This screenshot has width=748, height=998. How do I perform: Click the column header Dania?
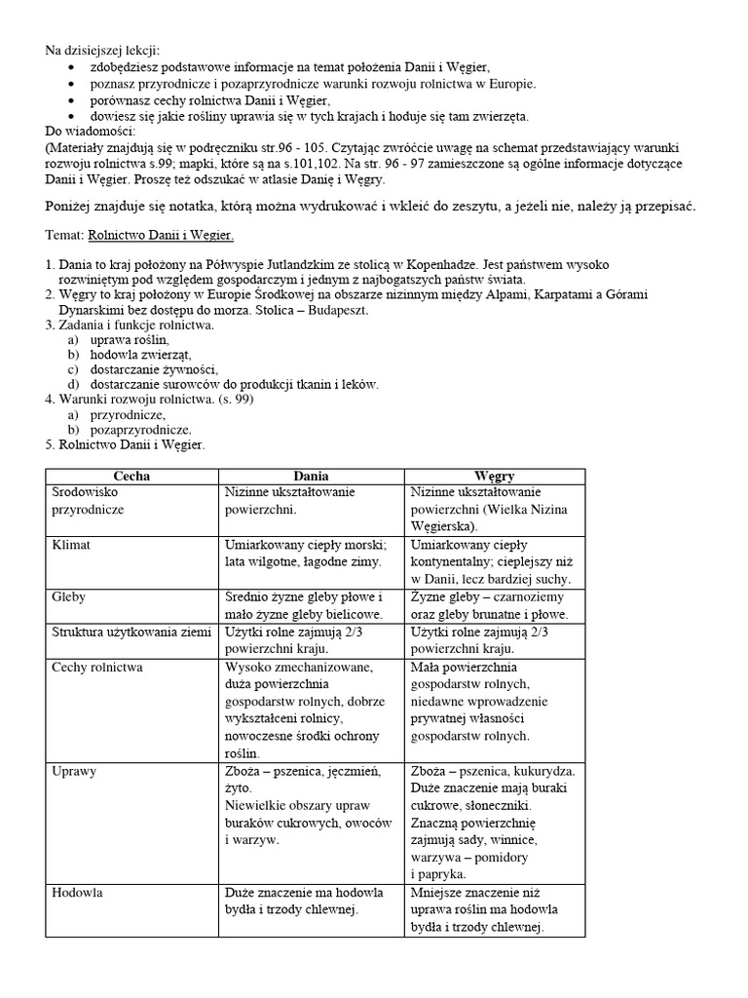point(312,476)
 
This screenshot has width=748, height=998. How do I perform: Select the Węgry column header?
point(495,476)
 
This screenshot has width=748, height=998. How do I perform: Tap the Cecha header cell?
point(131,476)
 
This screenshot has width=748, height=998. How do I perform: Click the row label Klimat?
point(71,545)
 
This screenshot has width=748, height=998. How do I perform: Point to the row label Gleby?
point(69,596)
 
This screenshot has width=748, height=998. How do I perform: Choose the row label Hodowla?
point(78,892)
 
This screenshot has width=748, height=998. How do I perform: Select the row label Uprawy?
point(74,770)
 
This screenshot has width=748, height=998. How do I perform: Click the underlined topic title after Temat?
point(161,236)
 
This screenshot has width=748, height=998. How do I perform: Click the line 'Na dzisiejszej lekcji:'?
point(104,50)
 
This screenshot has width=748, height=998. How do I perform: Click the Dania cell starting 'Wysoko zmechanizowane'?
point(304,710)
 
